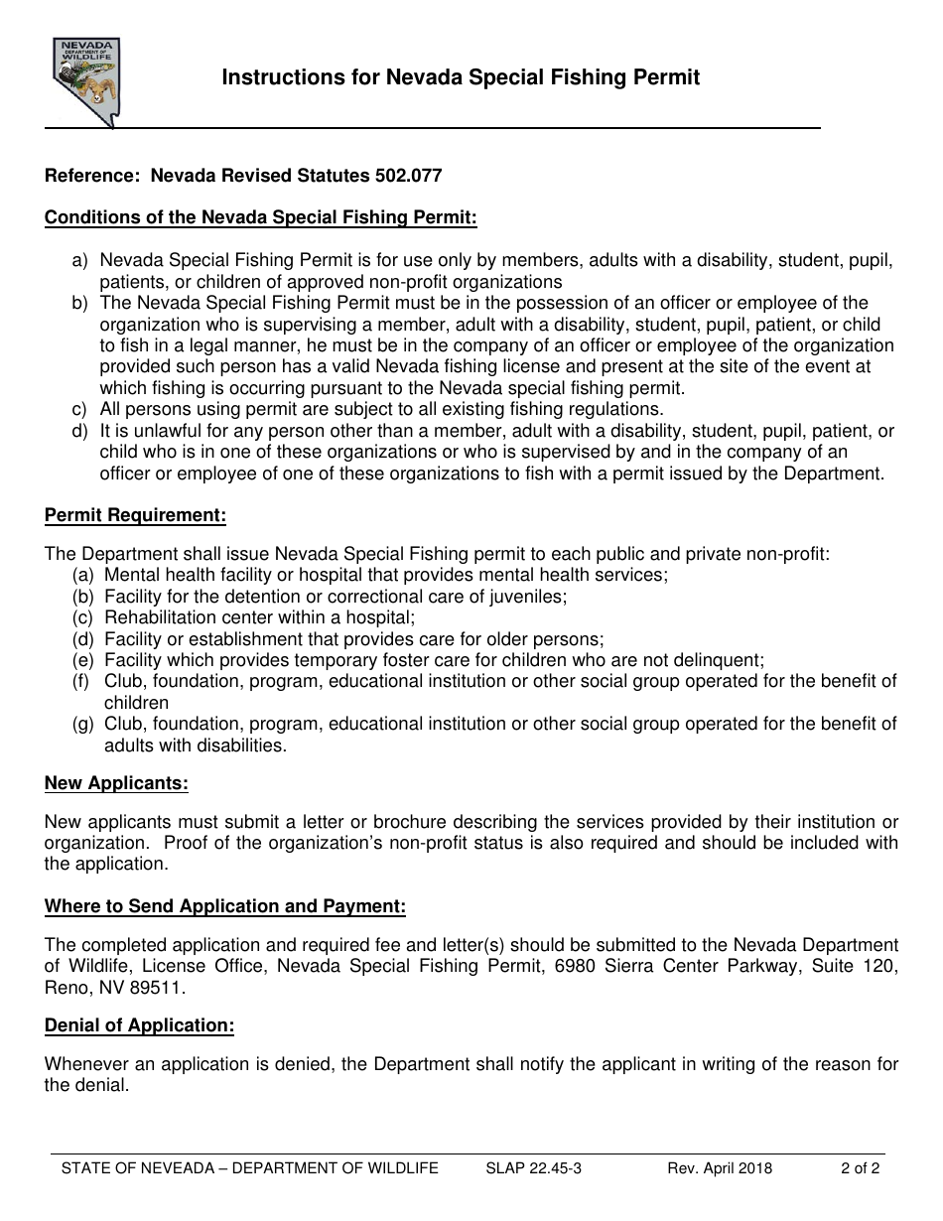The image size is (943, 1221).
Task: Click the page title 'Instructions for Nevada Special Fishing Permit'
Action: click(461, 78)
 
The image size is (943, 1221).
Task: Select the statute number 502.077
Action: click(408, 176)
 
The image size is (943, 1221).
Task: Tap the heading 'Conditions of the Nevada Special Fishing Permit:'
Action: click(261, 217)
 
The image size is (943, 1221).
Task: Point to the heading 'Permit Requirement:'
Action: click(135, 515)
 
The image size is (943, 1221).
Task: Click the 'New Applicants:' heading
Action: click(116, 783)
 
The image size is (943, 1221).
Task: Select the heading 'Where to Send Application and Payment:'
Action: click(225, 906)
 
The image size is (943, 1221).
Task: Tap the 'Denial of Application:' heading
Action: click(139, 1025)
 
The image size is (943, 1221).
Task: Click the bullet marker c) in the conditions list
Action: click(79, 409)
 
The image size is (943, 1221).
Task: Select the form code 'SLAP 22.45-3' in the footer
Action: click(534, 1168)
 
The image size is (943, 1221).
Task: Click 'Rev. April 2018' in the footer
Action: click(720, 1168)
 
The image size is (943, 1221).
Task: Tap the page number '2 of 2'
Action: click(860, 1168)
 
